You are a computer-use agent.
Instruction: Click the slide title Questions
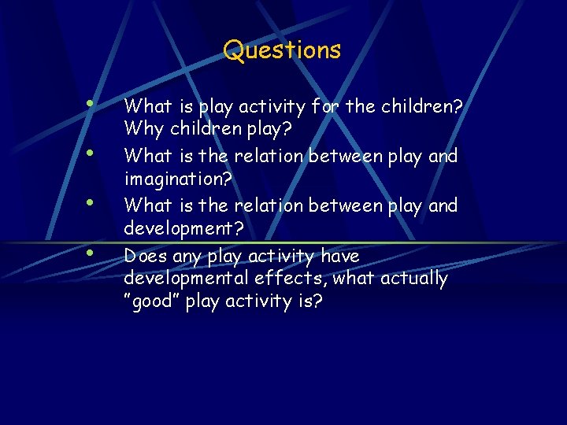tap(282, 50)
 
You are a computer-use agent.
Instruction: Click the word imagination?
tap(178, 179)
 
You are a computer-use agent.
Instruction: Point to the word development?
tap(183, 229)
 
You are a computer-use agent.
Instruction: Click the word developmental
tap(186, 279)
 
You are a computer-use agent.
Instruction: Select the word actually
tap(413, 279)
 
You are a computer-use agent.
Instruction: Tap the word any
tap(186, 257)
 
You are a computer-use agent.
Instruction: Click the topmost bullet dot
tap(91, 102)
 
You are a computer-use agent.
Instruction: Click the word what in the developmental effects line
tap(355, 279)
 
